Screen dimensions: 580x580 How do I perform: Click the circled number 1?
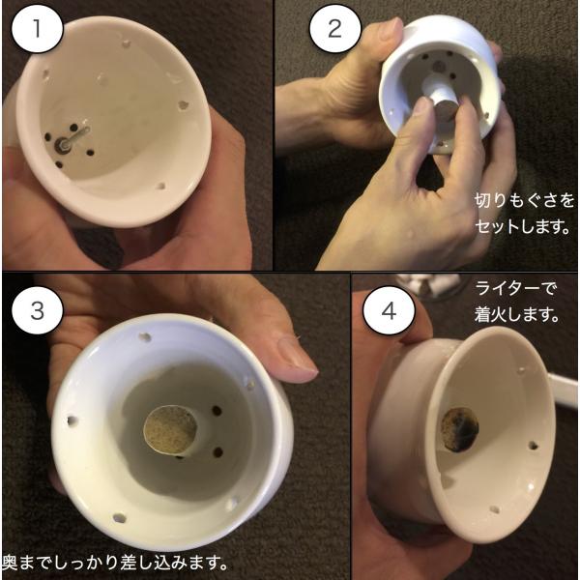coord(37,29)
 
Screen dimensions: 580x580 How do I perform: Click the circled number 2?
coord(334,29)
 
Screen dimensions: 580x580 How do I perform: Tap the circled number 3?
coord(37,310)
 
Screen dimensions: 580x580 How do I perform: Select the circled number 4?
coord(389,310)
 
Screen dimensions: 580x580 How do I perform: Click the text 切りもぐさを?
coord(524,201)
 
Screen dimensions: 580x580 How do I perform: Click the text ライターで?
coord(515,288)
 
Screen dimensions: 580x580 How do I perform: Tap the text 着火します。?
coord(516,315)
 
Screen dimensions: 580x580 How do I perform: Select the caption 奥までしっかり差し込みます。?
coord(115,563)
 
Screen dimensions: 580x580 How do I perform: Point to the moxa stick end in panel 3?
coord(170,430)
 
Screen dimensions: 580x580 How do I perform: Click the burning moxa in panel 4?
coord(459,429)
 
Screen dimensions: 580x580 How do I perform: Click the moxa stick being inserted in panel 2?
coord(442,107)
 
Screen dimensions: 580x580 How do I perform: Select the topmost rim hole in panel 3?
coord(145,337)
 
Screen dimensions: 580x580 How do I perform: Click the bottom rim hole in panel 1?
coord(160,186)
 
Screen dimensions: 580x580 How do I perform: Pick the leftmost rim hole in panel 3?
coord(72,420)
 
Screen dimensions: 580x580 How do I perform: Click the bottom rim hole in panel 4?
coord(495,509)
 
